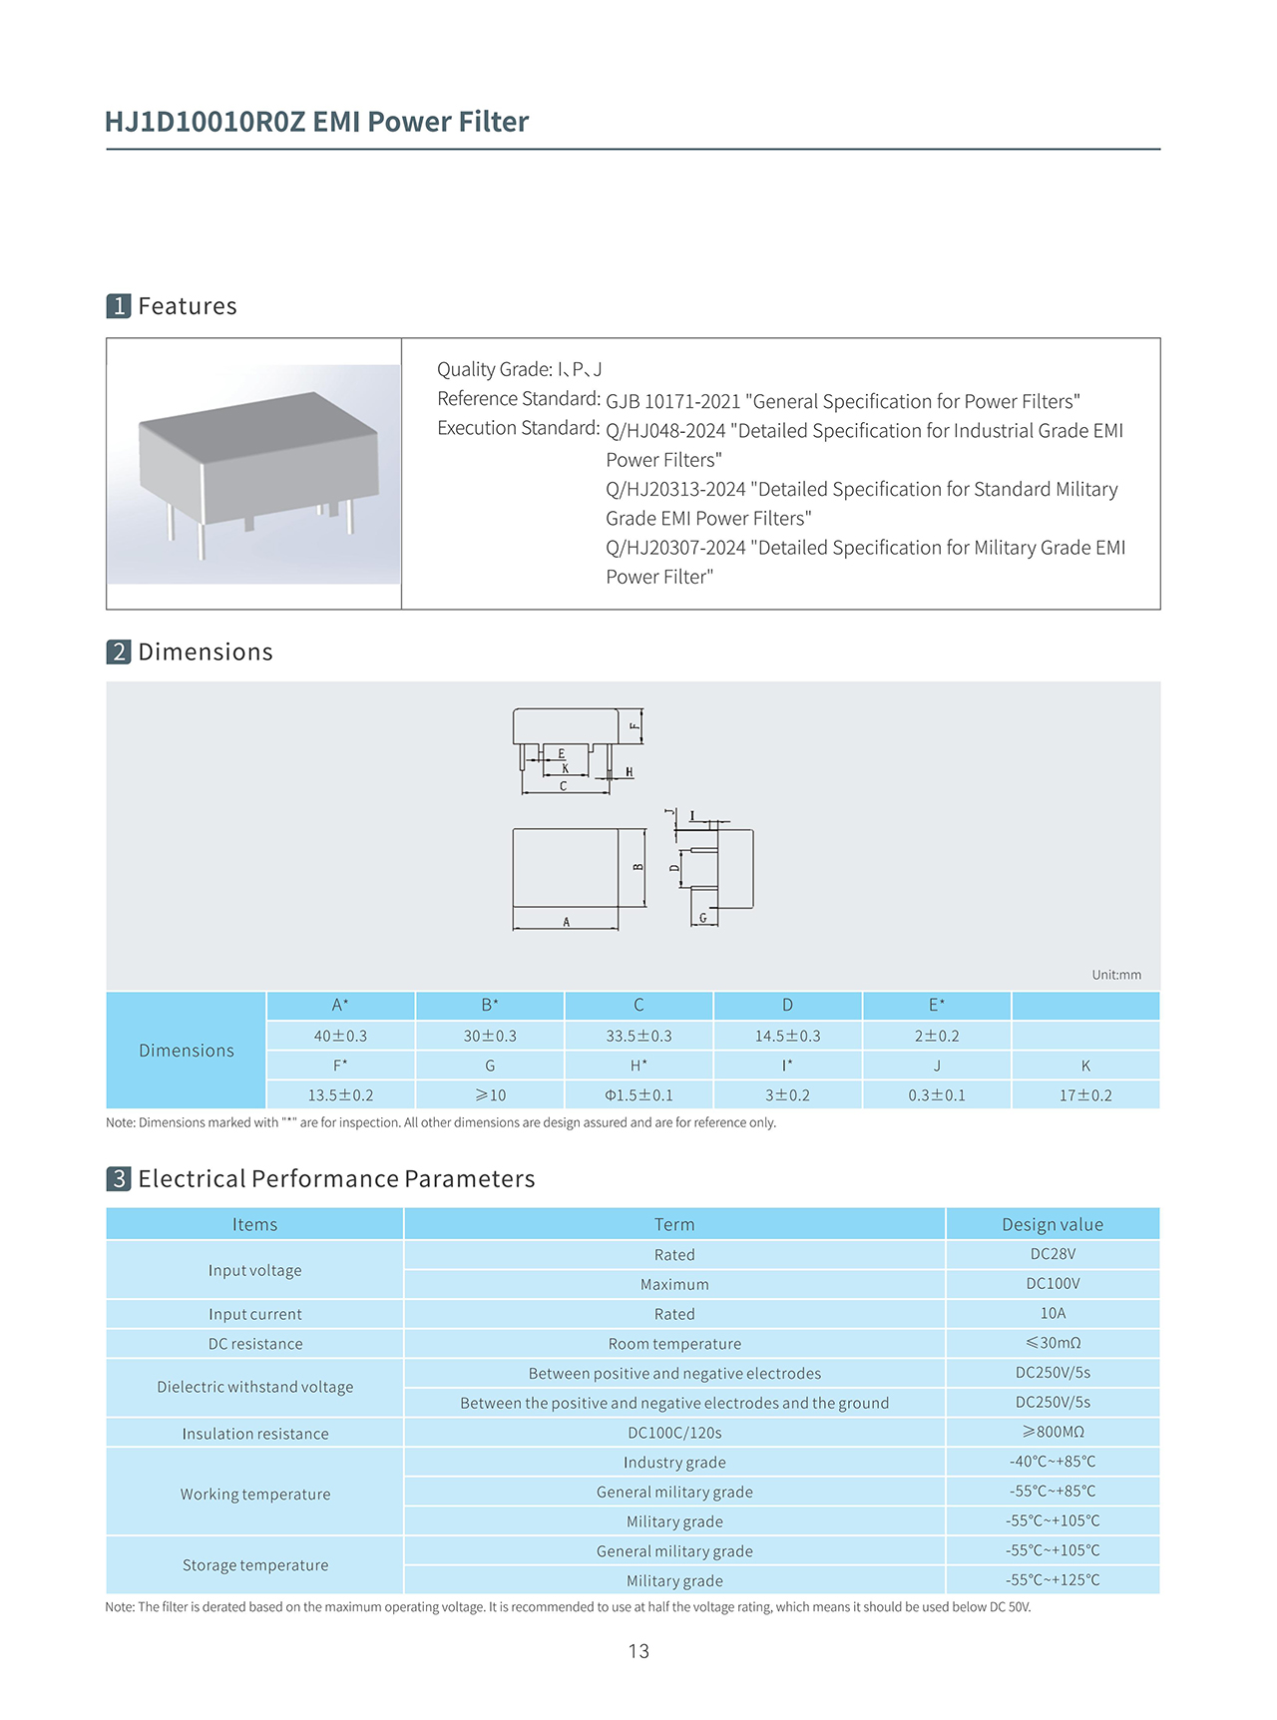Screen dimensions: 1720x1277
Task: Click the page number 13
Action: [638, 1651]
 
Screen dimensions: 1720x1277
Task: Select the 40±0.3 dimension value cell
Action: [340, 1036]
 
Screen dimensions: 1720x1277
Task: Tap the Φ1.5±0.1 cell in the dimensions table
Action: [638, 1094]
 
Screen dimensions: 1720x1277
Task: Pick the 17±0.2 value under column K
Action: [1085, 1094]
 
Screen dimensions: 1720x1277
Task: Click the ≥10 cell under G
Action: [490, 1094]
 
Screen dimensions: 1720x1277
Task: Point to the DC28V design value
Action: [1053, 1254]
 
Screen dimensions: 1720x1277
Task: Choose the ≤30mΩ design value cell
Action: [1053, 1343]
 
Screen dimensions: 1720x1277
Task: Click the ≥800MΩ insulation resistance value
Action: [1053, 1432]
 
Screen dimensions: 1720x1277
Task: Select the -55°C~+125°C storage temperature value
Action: [1053, 1579]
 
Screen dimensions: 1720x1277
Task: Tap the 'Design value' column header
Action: [1053, 1224]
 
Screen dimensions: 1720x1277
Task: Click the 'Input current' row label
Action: [254, 1314]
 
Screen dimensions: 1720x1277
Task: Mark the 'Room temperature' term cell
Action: [674, 1344]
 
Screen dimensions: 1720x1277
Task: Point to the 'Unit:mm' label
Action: [1116, 975]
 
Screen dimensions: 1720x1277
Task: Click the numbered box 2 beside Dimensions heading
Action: [119, 652]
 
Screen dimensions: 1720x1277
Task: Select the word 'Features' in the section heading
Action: [188, 306]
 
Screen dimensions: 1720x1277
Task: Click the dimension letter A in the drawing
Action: [567, 923]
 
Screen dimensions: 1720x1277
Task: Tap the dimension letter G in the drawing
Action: [702, 918]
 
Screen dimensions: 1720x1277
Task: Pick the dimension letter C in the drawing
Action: [563, 786]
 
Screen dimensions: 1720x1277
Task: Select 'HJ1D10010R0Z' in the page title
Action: [205, 122]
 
